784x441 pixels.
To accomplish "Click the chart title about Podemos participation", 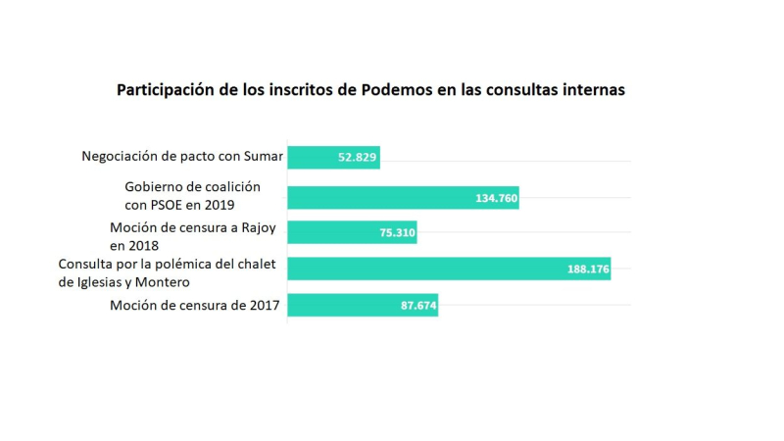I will point(370,89).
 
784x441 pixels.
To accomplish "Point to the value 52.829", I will point(358,157).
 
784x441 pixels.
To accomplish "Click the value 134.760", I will point(496,198).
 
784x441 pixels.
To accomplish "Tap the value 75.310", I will point(395,233).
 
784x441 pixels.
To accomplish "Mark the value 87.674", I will point(416,307).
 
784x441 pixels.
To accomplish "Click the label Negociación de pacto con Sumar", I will point(182,157).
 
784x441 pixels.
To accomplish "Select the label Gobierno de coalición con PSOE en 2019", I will point(193,196).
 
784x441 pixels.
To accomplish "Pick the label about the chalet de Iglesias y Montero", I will point(169,272).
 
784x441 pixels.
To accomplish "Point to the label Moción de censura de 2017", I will point(194,307).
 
